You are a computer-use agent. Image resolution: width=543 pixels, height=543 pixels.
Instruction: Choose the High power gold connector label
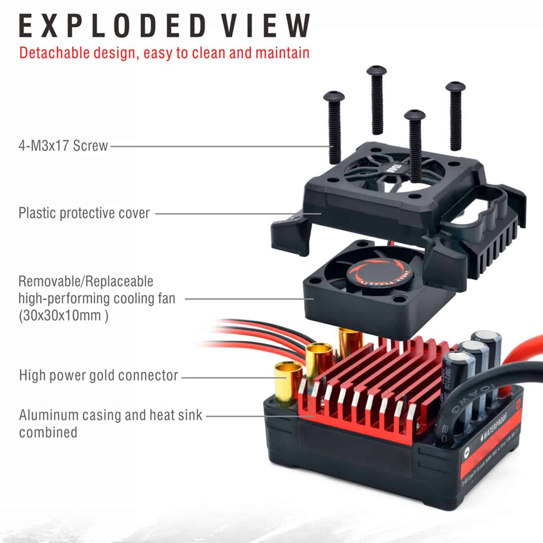(98, 375)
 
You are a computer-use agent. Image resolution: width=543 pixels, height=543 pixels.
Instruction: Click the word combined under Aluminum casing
(48, 432)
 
